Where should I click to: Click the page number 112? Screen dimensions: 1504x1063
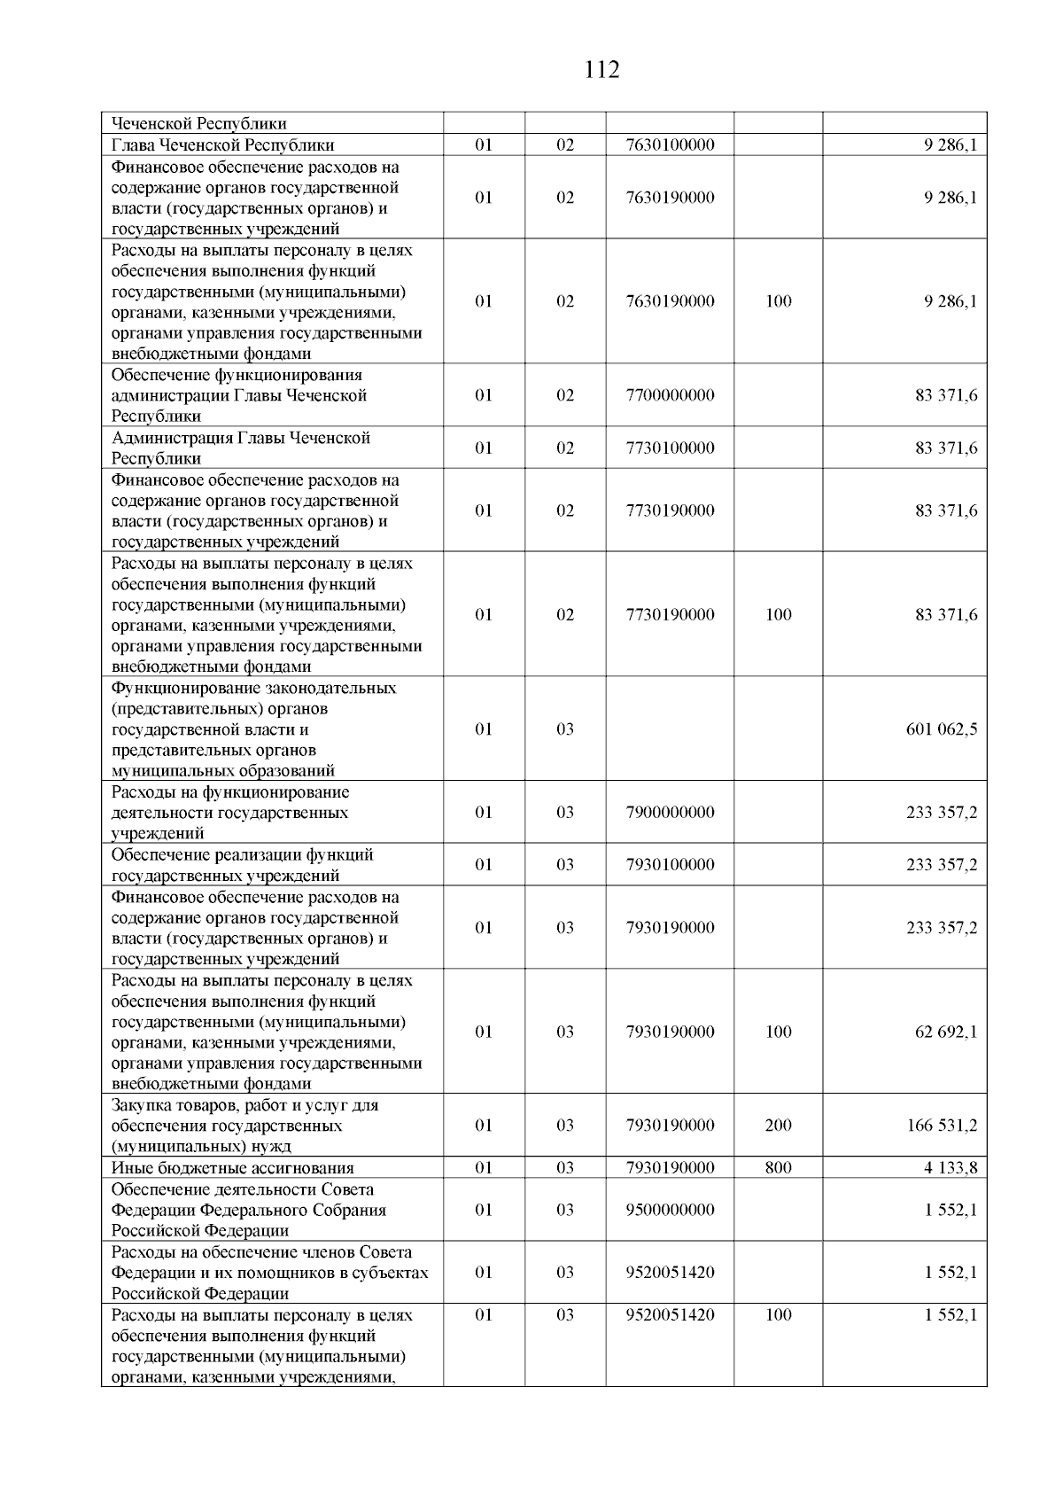click(601, 70)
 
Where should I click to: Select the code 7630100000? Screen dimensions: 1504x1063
click(670, 145)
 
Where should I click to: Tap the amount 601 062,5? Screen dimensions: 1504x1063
click(941, 729)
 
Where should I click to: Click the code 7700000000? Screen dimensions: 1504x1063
click(670, 395)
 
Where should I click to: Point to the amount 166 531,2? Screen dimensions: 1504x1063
click(941, 1126)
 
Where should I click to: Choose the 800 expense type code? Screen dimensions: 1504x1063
click(778, 1168)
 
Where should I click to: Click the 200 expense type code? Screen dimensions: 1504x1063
click(778, 1126)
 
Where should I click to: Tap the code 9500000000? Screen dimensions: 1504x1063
click(670, 1210)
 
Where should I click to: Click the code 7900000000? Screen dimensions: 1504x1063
click(670, 813)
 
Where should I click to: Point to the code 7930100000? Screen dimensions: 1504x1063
click(670, 865)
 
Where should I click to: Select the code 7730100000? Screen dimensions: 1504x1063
click(670, 448)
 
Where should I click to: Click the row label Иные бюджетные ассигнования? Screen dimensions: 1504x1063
click(232, 1168)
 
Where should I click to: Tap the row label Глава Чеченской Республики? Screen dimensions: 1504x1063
click(222, 145)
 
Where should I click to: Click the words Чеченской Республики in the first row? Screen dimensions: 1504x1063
click(198, 124)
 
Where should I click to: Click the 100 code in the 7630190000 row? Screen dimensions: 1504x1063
click(778, 301)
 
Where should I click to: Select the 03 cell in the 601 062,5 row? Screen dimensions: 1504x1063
click(565, 729)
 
